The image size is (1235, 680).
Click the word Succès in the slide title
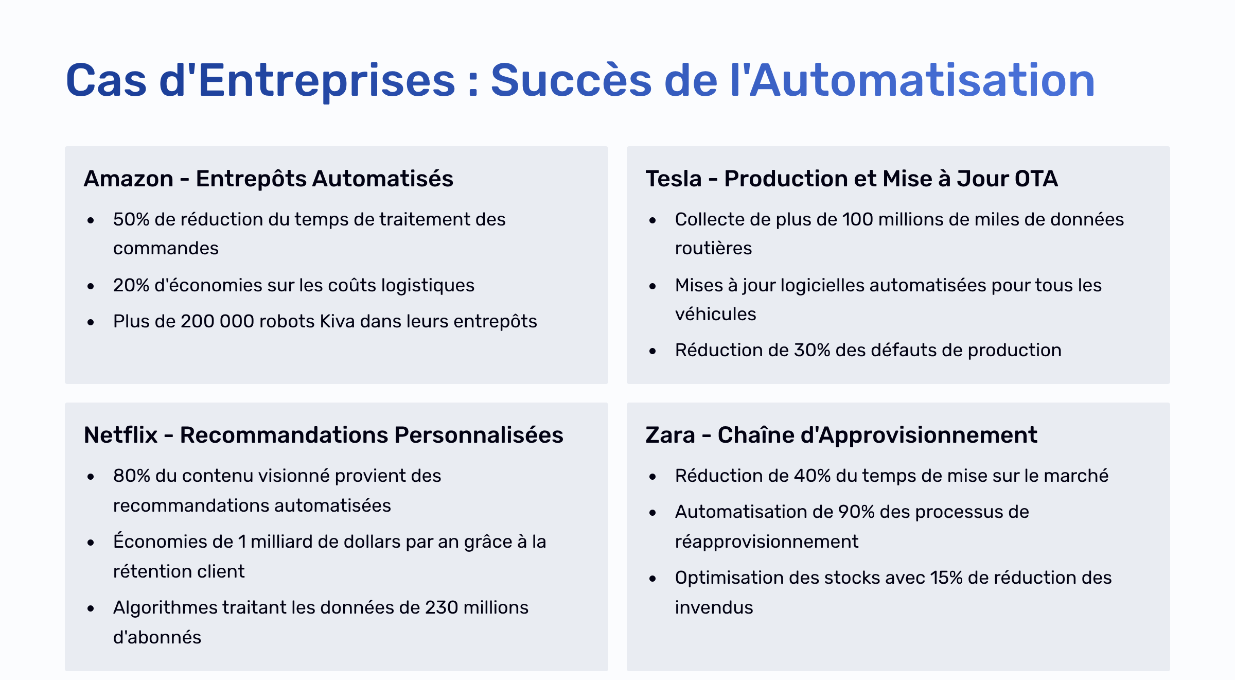pos(571,80)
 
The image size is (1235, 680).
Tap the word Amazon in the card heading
pos(129,179)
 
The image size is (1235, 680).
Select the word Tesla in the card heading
pos(674,179)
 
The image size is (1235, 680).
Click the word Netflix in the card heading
pos(120,435)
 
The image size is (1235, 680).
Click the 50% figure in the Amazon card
pos(131,219)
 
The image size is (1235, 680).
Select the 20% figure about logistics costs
pos(131,285)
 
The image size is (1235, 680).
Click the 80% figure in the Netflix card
pos(132,476)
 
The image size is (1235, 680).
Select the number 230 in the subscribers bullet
pos(442,607)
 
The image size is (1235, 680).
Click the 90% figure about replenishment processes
pos(857,512)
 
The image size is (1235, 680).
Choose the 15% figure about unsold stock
pos(946,578)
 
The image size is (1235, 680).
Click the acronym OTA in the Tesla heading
pos(1036,179)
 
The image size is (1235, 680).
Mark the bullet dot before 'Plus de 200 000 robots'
pos(91,323)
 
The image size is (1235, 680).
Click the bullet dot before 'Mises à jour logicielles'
pos(652,287)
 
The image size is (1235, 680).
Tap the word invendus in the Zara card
pos(714,607)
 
